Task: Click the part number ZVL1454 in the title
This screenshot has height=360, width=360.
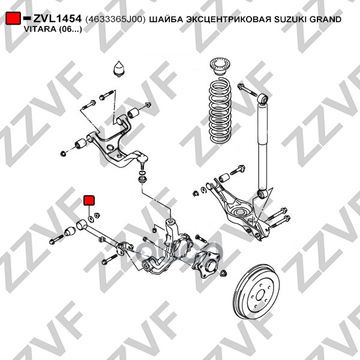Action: (x=58, y=19)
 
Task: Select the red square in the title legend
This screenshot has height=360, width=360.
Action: (x=13, y=19)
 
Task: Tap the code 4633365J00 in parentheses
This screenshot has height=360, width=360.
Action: (x=115, y=19)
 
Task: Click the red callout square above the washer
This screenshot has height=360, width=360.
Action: (x=89, y=200)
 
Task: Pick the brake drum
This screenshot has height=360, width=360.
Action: (x=256, y=292)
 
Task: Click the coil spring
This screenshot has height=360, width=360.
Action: (x=220, y=111)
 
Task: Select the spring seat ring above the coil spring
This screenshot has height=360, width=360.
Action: (x=220, y=66)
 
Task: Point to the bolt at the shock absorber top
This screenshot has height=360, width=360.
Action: (x=247, y=90)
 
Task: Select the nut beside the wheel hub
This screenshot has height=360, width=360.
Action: (x=223, y=273)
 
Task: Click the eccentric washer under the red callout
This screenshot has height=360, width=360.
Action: (x=91, y=218)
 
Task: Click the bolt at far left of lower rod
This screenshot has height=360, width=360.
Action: (x=56, y=239)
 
